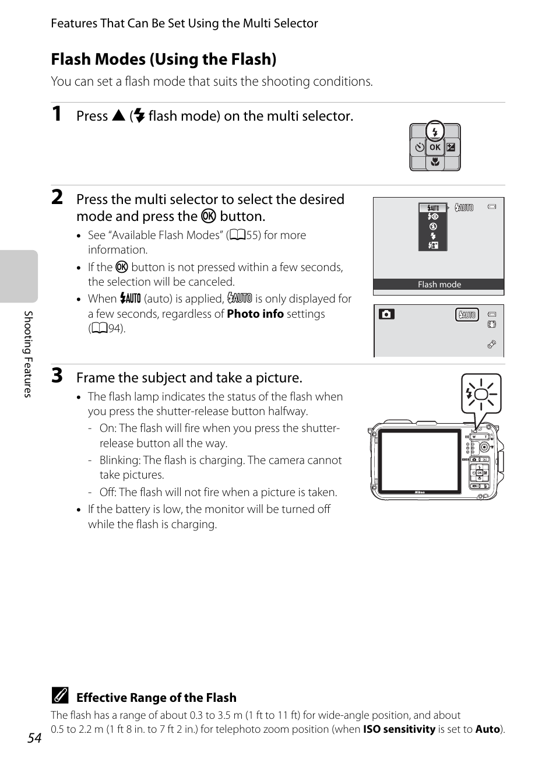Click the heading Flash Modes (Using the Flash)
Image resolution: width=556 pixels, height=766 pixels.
(164, 59)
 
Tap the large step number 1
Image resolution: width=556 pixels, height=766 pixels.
(57, 114)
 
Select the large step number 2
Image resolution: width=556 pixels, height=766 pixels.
(57, 197)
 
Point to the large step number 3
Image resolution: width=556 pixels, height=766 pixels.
(57, 375)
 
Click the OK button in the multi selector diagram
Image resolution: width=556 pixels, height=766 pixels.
(435, 147)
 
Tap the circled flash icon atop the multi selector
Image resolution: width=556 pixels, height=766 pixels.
(435, 132)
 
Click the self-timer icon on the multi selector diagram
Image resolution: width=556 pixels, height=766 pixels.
(419, 147)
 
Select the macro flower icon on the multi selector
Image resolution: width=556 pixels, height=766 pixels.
(435, 163)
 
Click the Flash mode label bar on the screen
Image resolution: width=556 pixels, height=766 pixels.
(439, 284)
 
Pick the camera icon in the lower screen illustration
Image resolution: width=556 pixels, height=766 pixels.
(386, 314)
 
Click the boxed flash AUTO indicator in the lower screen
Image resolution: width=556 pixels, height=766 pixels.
(467, 315)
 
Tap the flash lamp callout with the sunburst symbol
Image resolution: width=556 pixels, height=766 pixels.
(481, 394)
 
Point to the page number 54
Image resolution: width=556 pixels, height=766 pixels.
(34, 738)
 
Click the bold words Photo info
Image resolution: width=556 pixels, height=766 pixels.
(255, 314)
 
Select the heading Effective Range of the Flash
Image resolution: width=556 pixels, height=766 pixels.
(156, 698)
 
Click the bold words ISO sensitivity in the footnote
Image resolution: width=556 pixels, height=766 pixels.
(399, 729)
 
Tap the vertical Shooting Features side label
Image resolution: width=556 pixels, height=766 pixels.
(27, 354)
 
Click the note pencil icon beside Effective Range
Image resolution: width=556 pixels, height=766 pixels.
(59, 696)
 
